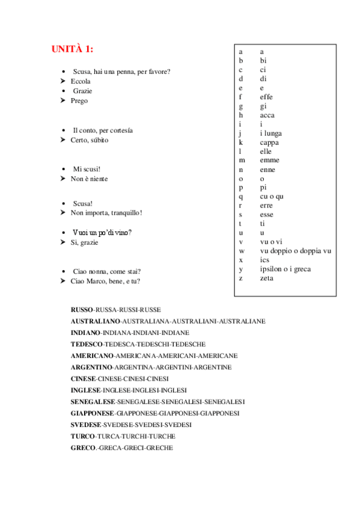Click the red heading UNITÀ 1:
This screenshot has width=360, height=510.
(72, 49)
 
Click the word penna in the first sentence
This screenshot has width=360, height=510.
(123, 72)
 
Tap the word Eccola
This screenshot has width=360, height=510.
(81, 81)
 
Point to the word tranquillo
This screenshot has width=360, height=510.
(123, 212)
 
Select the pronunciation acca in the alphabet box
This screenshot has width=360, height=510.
(267, 115)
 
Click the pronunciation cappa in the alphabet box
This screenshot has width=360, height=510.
(269, 143)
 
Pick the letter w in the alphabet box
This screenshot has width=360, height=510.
(242, 251)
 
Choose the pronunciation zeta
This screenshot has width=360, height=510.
(266, 278)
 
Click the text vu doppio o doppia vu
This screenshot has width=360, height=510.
(295, 251)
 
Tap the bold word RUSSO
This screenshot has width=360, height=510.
(82, 310)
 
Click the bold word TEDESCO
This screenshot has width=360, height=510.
(87, 344)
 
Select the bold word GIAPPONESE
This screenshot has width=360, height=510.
(92, 413)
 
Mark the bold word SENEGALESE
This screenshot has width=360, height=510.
(92, 402)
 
